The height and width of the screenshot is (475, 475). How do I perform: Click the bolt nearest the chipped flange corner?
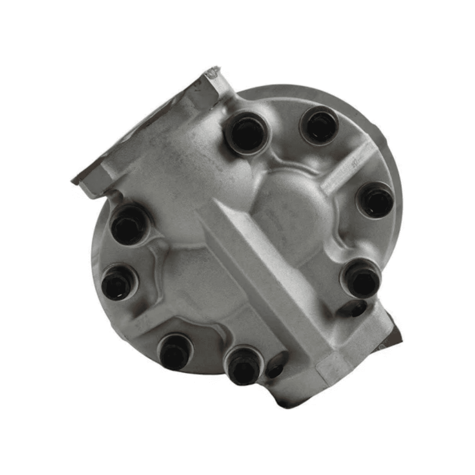246,132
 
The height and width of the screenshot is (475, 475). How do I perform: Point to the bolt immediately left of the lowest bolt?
175,351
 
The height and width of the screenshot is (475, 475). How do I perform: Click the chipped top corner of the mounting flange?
214,74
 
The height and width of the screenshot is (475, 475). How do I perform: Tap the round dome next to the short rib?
293,210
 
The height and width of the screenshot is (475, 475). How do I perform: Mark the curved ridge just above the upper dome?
293,166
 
